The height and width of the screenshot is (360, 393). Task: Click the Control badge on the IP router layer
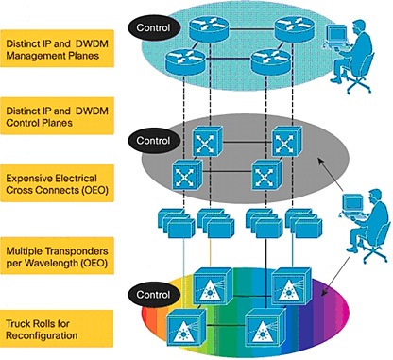[154, 27]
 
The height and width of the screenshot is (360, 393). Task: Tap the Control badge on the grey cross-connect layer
[154, 141]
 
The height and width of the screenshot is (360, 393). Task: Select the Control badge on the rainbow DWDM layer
[154, 295]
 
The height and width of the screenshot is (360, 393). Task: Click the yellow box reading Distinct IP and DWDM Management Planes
[57, 48]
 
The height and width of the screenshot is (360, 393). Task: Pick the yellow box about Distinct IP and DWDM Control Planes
[57, 116]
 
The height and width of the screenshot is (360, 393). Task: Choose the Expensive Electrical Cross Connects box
[57, 183]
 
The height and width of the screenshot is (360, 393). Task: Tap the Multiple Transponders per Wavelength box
[57, 256]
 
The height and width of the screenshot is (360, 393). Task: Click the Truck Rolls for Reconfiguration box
[57, 329]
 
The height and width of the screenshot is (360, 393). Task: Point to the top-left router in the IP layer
[209, 28]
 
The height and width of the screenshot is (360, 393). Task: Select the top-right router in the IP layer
[295, 28]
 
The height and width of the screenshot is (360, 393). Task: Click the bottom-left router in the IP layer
[185, 61]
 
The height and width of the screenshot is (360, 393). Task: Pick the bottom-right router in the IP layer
[271, 61]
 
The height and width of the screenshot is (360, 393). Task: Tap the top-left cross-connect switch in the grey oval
[208, 141]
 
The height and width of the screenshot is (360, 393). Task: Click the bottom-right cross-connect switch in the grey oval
[266, 175]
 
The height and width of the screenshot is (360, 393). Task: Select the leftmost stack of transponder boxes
[177, 223]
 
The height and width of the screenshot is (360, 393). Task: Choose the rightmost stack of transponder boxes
[304, 223]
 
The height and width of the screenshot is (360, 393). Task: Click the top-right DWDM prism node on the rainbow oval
[291, 286]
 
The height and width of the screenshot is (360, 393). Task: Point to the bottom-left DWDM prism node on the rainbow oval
[186, 328]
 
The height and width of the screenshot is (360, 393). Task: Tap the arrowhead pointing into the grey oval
[320, 161]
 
